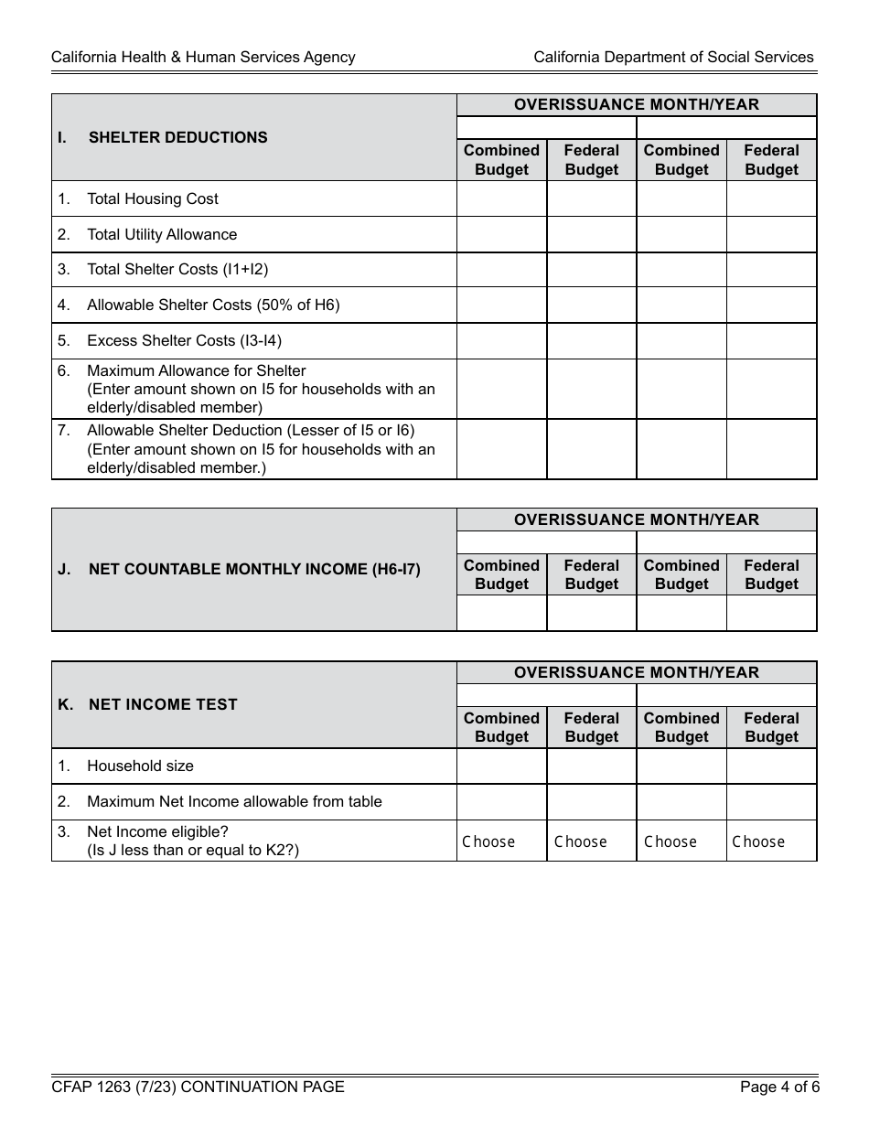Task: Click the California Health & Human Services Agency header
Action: click(203, 57)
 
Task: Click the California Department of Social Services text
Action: click(673, 57)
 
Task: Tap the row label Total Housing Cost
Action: click(152, 198)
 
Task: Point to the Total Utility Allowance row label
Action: click(161, 234)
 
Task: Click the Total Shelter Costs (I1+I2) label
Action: click(177, 269)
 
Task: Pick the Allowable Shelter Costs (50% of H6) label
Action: click(212, 305)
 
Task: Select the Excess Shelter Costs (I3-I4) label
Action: click(184, 340)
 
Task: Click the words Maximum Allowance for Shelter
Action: click(196, 370)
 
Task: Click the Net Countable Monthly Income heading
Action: click(254, 569)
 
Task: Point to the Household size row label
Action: click(140, 766)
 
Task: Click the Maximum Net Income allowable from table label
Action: click(234, 801)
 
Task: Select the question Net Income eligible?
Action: click(157, 831)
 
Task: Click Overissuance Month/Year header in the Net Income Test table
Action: click(636, 672)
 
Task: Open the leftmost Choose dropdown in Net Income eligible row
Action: click(501, 841)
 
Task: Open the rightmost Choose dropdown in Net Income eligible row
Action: click(771, 841)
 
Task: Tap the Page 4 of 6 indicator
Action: click(779, 1087)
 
